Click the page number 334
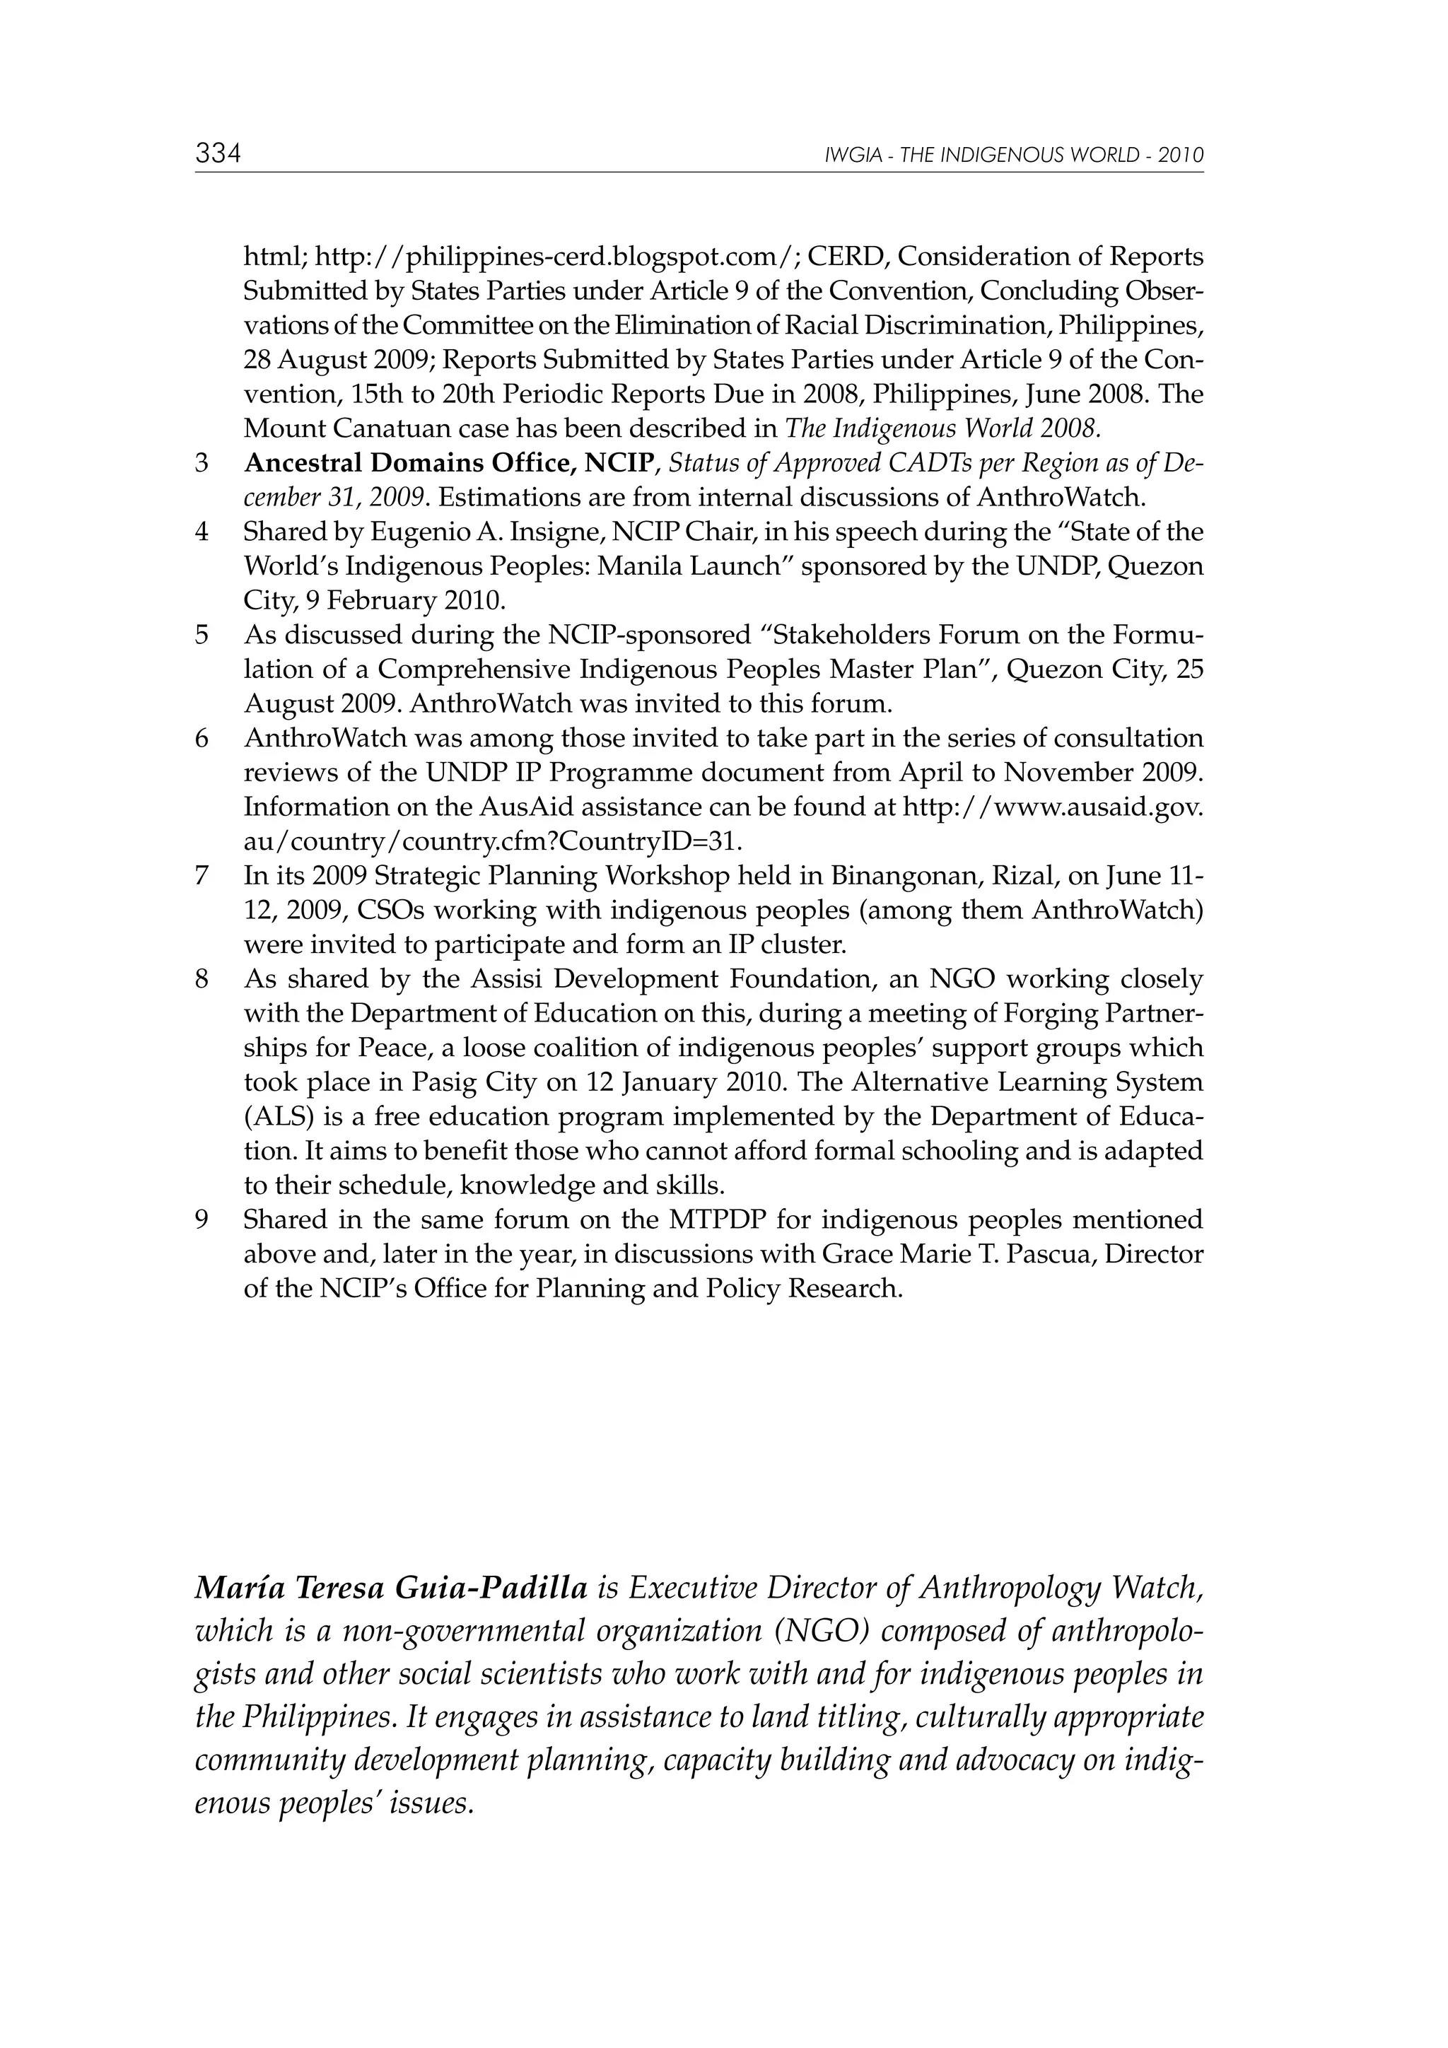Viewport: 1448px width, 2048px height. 218,154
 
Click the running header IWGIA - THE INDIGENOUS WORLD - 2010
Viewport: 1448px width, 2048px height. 1015,156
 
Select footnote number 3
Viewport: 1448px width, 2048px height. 202,463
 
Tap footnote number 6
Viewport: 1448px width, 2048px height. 202,739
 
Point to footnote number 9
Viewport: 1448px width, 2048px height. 202,1219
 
